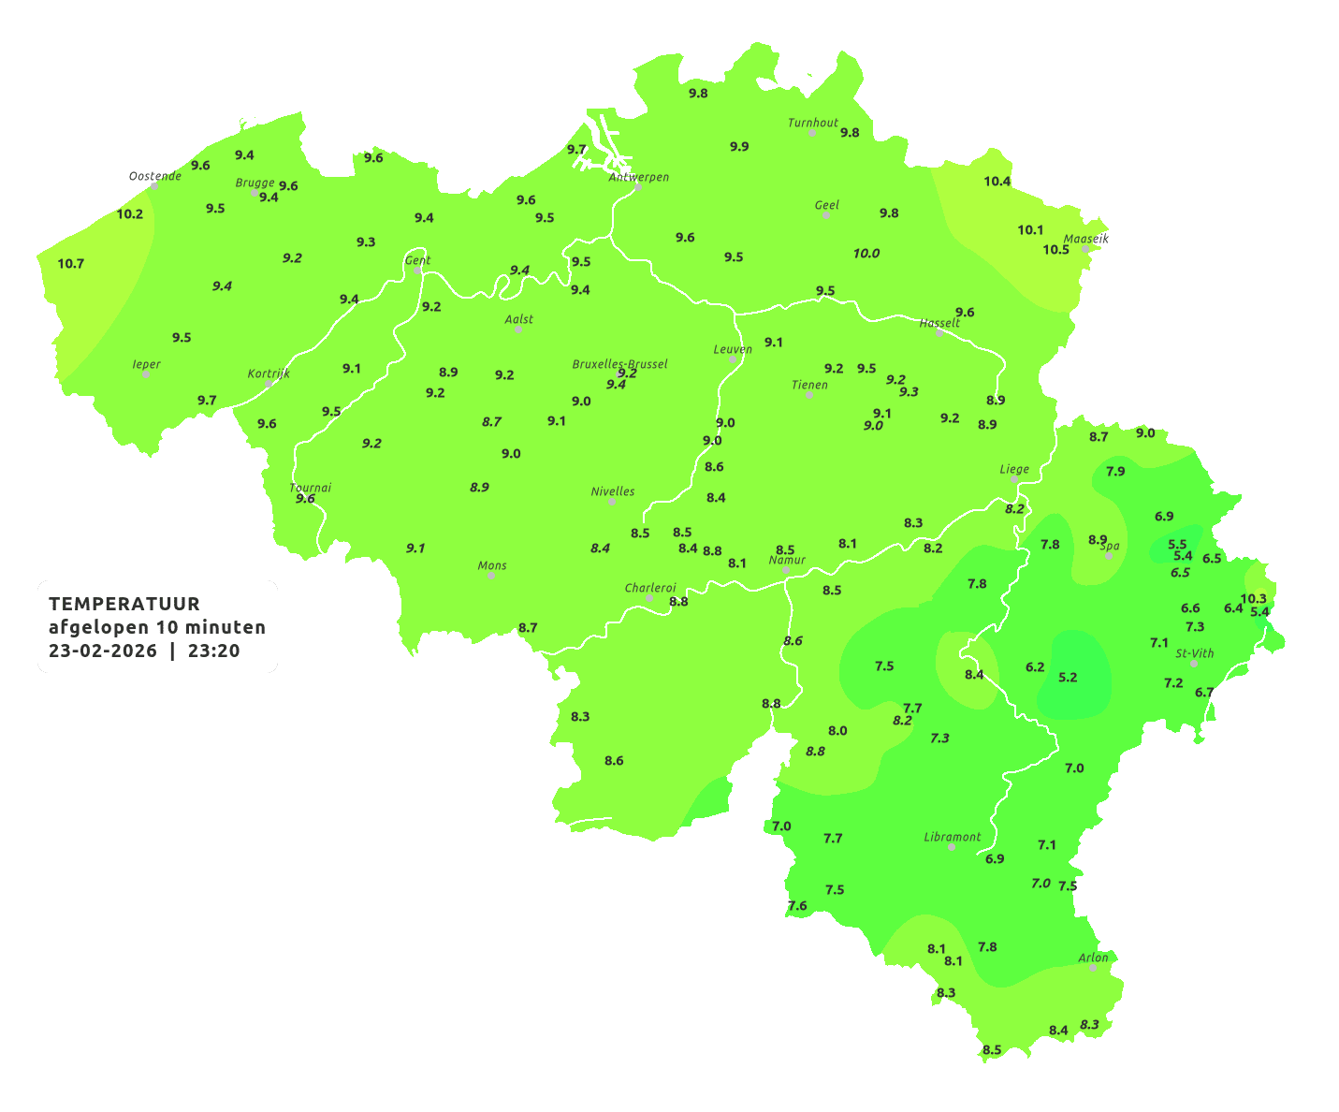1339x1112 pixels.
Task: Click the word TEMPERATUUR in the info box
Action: pyautogui.click(x=124, y=604)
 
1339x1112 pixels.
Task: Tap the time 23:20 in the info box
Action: pyautogui.click(x=213, y=651)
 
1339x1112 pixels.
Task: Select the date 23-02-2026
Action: pyautogui.click(x=103, y=651)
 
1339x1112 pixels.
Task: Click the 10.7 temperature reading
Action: pyautogui.click(x=71, y=264)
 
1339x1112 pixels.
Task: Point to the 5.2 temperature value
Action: pyautogui.click(x=1068, y=678)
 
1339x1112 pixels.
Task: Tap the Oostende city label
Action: pyautogui.click(x=154, y=176)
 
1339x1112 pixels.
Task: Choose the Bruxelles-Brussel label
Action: pyautogui.click(x=619, y=363)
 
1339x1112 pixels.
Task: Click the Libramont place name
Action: pyautogui.click(x=953, y=837)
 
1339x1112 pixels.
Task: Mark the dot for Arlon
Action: pyautogui.click(x=1092, y=967)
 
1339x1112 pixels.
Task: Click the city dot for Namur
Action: pyautogui.click(x=786, y=570)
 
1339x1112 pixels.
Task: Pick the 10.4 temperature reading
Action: pyautogui.click(x=997, y=182)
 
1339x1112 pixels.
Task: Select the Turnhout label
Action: pyautogui.click(x=813, y=123)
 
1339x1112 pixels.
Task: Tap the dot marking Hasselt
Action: pyautogui.click(x=939, y=333)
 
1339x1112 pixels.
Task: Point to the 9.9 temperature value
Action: pyautogui.click(x=739, y=147)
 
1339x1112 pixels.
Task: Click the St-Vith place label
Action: pyautogui.click(x=1195, y=653)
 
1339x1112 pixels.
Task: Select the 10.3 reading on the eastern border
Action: pyautogui.click(x=1253, y=599)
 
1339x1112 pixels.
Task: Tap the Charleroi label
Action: pyautogui.click(x=650, y=588)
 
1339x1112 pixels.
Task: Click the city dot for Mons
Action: pyautogui.click(x=491, y=576)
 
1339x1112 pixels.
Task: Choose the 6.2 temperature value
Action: pyautogui.click(x=1035, y=667)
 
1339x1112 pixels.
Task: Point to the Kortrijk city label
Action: pyautogui.click(x=269, y=373)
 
